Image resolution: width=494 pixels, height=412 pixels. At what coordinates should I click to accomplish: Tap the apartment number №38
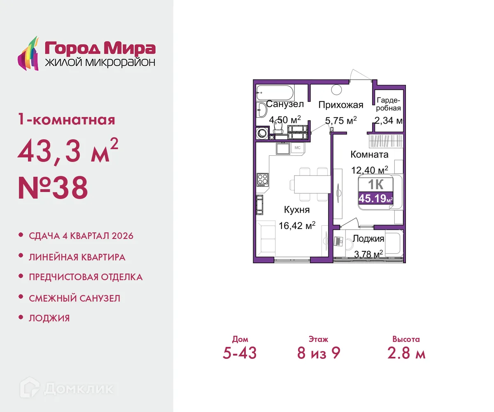(53, 188)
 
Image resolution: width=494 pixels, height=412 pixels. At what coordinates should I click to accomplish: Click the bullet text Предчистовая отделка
(86, 277)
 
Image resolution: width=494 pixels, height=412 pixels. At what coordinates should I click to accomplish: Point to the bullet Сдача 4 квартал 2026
(81, 236)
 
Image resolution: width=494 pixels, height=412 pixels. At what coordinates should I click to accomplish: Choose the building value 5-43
(240, 353)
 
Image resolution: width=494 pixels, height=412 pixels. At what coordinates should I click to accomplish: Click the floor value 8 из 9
(319, 353)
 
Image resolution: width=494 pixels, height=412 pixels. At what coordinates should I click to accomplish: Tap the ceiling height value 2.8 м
(406, 353)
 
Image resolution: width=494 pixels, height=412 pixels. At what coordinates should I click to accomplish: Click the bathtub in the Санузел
(274, 91)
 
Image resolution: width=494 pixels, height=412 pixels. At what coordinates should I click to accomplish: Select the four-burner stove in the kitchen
(262, 179)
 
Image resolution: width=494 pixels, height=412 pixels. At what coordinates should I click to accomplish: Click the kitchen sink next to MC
(283, 147)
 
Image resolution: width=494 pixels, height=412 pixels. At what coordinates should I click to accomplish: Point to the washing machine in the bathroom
(261, 133)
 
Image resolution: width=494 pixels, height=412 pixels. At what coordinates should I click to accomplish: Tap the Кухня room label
(296, 210)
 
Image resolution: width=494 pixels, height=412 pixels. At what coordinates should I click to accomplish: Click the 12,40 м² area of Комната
(370, 170)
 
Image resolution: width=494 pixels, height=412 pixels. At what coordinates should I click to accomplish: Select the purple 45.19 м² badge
(375, 198)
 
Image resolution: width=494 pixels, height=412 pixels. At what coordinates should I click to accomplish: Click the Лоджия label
(368, 239)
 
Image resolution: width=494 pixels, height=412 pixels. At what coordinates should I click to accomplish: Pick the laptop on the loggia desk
(339, 241)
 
